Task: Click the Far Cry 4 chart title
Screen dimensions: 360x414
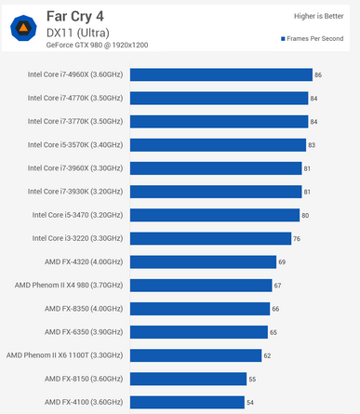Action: (x=75, y=17)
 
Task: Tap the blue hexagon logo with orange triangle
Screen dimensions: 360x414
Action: (x=23, y=28)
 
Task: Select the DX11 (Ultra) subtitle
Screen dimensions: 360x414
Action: (x=78, y=33)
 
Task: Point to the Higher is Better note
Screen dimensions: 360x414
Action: (x=318, y=16)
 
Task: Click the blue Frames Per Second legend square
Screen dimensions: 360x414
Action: (x=283, y=39)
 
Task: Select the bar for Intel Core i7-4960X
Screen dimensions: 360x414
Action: (x=221, y=74)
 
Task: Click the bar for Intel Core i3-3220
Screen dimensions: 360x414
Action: (x=210, y=238)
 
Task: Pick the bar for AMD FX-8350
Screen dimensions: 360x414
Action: (x=200, y=309)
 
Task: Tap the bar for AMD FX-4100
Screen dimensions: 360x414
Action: (x=187, y=402)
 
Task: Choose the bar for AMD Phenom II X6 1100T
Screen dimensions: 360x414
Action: (x=195, y=355)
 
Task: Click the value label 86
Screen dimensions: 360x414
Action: (x=318, y=75)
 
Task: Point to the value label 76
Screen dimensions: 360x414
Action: (x=297, y=239)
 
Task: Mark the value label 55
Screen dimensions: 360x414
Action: (x=252, y=380)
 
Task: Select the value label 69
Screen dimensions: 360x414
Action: (x=282, y=262)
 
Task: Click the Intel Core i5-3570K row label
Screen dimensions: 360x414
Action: (x=75, y=145)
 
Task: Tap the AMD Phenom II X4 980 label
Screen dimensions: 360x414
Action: (x=69, y=285)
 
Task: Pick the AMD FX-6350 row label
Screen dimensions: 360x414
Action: (x=84, y=332)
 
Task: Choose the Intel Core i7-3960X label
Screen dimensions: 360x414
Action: (x=75, y=168)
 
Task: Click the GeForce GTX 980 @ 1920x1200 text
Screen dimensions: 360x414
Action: (x=97, y=46)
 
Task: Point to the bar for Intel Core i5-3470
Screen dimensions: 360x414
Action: (x=215, y=215)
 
